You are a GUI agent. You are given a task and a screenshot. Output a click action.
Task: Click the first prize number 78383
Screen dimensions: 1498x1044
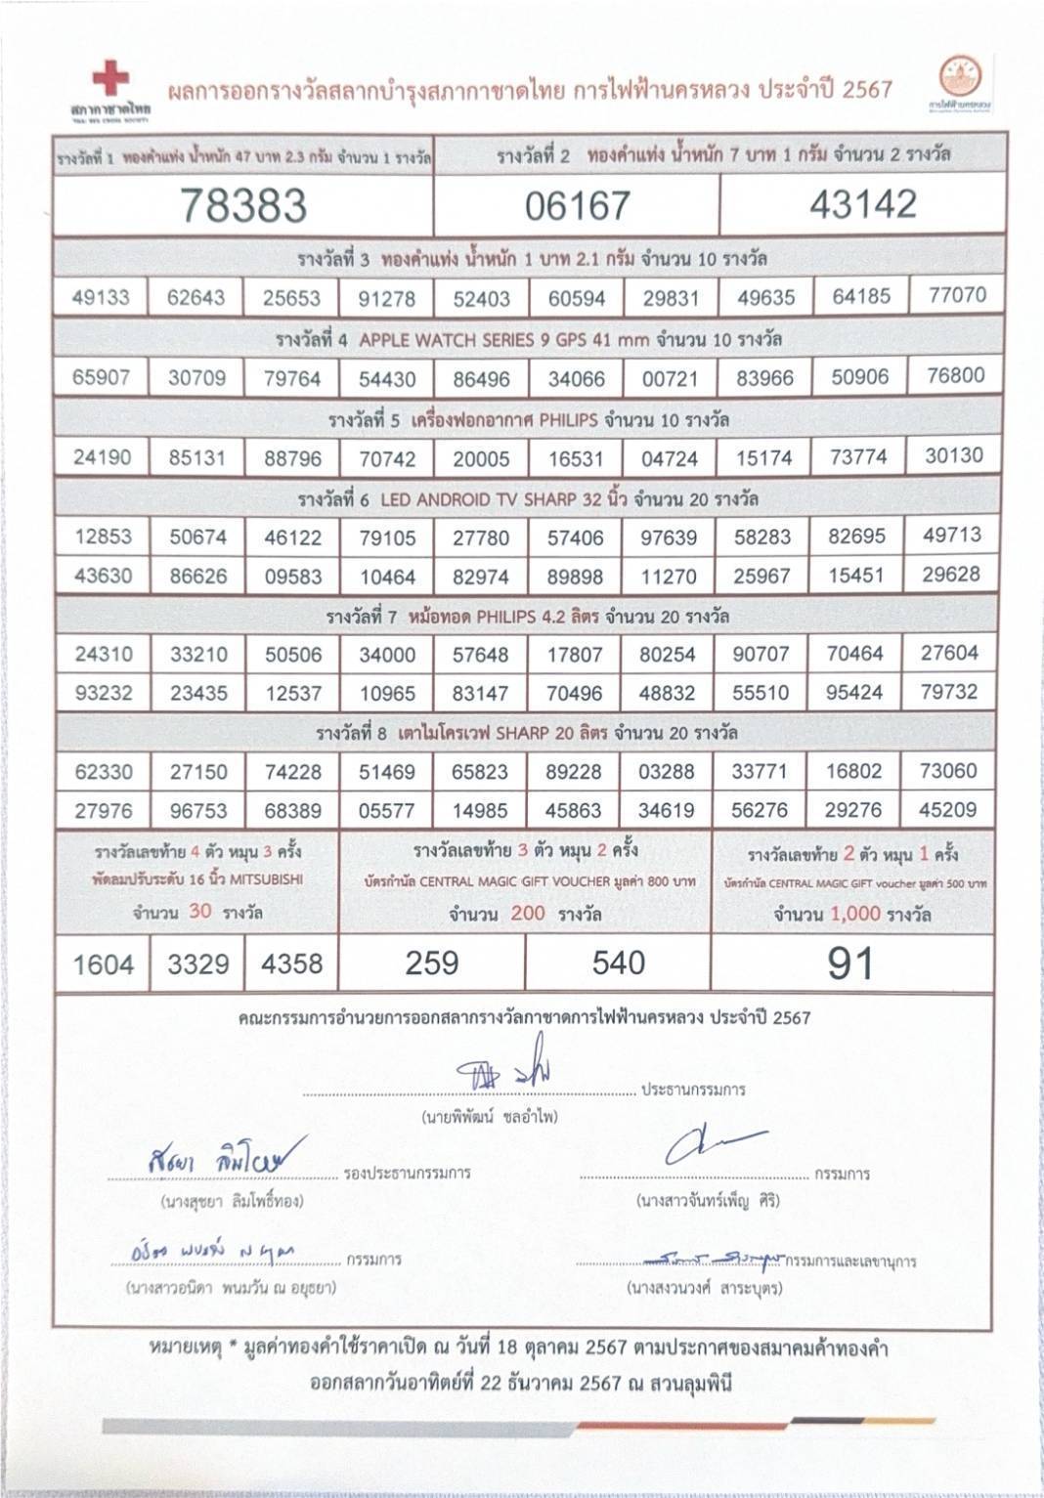243,205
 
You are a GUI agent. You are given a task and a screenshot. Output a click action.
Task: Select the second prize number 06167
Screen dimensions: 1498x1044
577,206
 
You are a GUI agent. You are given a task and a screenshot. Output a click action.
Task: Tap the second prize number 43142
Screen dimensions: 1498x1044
863,204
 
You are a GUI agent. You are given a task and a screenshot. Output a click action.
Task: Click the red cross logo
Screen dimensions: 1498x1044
109,77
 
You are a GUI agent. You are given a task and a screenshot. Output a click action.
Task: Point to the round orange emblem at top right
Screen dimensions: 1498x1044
960,77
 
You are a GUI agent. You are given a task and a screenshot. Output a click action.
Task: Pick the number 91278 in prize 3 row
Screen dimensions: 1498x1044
387,298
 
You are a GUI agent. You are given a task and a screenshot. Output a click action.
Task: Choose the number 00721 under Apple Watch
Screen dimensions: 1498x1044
670,378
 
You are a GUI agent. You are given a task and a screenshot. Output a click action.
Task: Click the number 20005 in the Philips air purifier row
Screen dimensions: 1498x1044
481,458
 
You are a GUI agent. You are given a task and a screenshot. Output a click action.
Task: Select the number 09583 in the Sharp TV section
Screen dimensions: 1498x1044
293,577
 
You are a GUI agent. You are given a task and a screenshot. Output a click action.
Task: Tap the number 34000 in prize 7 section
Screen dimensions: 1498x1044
387,655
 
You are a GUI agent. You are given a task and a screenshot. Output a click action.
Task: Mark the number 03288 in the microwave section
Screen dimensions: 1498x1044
667,772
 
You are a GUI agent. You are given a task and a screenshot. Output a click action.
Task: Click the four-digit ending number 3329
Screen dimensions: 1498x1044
197,964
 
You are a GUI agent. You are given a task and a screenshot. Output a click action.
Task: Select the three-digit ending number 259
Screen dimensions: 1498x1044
431,963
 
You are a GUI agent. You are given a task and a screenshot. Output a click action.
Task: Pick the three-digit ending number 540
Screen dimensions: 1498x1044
618,963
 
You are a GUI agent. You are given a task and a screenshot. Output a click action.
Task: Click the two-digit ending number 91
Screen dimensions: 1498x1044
850,963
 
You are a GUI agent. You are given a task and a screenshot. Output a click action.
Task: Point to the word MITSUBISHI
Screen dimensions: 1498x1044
267,879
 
